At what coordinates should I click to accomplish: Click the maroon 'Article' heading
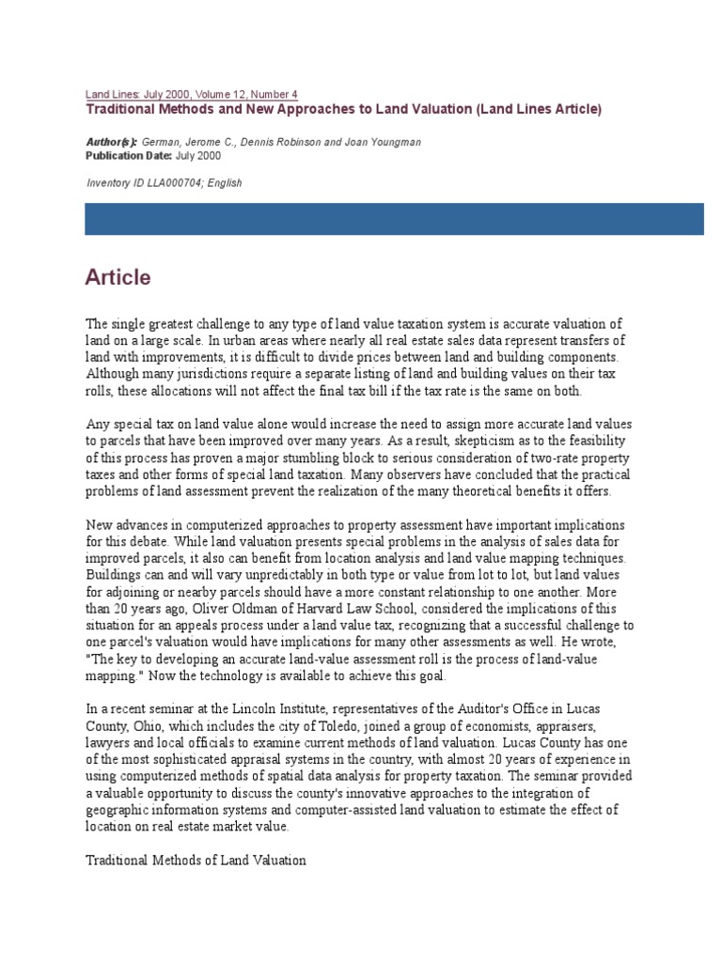point(118,277)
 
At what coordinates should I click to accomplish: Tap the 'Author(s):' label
point(111,142)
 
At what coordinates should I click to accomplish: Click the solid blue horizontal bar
point(394,219)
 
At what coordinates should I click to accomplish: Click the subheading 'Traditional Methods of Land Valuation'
point(196,860)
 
